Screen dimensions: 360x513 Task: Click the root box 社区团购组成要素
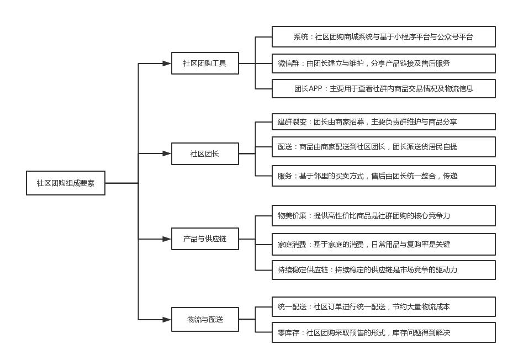[x=66, y=183]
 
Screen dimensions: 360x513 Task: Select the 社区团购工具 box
[x=205, y=63]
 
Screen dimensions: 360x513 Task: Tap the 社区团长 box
[x=205, y=153]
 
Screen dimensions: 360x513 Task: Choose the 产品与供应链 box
[x=205, y=239]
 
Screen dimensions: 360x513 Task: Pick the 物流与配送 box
[x=205, y=319]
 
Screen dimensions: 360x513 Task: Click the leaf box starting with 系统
[x=383, y=37]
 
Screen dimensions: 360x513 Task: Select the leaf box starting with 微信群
[x=383, y=63]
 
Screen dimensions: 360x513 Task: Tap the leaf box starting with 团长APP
[x=383, y=88]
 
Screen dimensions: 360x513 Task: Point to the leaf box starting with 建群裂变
[x=383, y=121]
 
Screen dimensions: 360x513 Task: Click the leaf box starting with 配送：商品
[x=383, y=147]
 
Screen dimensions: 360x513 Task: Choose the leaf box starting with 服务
[x=383, y=176]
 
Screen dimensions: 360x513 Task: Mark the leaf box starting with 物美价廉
[x=383, y=215]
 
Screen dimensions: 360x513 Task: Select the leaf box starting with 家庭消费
[x=383, y=244]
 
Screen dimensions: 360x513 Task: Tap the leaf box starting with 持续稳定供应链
[x=383, y=270]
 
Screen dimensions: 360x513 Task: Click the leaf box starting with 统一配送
[x=383, y=306]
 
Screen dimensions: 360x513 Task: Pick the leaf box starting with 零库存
[x=383, y=332]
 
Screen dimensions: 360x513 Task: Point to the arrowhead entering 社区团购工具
[x=167, y=63]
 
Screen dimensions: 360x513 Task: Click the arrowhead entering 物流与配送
[x=167, y=319]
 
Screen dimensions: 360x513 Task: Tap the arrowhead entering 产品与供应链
[x=167, y=239]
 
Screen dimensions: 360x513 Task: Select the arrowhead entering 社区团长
[x=167, y=153]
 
